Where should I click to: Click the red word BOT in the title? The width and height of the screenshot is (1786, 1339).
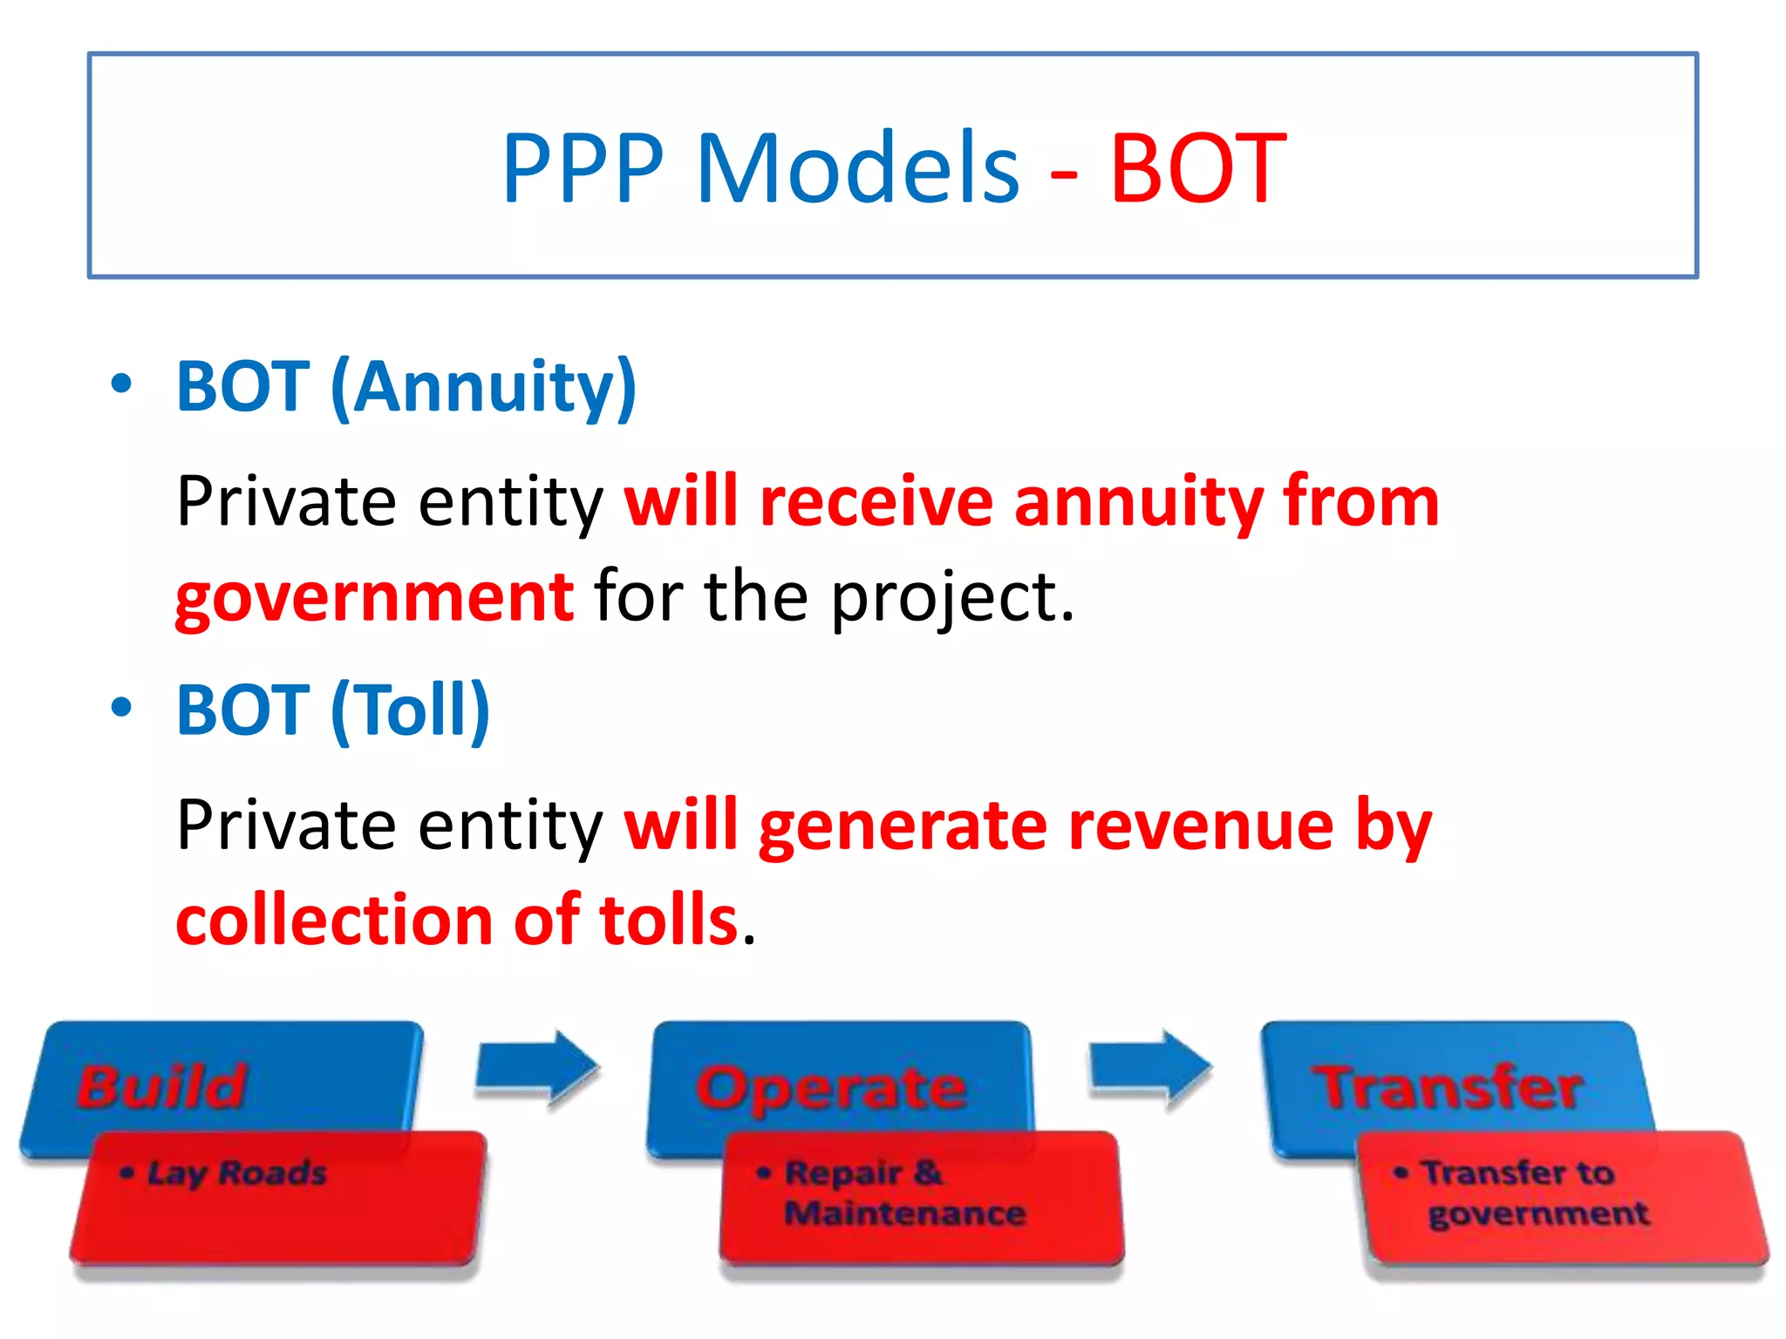(x=1197, y=168)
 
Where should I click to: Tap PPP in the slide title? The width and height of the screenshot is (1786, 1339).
(x=583, y=168)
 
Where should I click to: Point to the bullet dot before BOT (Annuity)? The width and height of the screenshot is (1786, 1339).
(x=122, y=384)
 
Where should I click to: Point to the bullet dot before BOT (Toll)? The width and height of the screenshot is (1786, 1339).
(x=122, y=707)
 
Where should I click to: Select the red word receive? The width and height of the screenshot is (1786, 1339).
(x=876, y=502)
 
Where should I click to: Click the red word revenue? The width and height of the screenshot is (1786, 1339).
(x=1201, y=826)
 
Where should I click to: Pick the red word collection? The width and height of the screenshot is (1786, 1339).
(x=337, y=921)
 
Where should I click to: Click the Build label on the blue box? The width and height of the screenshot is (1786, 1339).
(x=162, y=1086)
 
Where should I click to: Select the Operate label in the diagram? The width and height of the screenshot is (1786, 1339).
(x=831, y=1088)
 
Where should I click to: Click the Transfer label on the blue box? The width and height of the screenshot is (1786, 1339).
(x=1448, y=1088)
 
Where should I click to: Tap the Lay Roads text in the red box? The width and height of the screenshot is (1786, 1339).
(x=236, y=1173)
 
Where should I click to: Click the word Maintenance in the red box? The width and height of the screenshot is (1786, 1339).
(x=904, y=1213)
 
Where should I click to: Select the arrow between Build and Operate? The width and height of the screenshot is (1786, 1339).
(x=538, y=1070)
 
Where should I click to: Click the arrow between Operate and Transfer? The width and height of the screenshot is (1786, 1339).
(x=1150, y=1070)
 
